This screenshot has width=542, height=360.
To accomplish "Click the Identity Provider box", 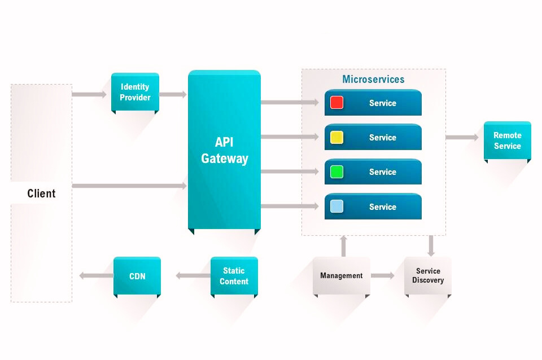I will tap(135, 92).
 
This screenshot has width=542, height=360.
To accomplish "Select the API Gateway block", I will tap(224, 150).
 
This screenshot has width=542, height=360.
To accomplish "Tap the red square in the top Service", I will tap(336, 103).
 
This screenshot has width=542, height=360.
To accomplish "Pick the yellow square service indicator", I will tap(336, 137).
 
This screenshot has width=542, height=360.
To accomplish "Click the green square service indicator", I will tap(336, 172).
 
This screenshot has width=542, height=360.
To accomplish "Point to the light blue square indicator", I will tap(336, 207).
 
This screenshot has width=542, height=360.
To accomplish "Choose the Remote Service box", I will tap(507, 141).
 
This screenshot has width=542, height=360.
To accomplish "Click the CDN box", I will tap(137, 276).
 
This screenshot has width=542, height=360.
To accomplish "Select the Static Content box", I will tap(234, 276).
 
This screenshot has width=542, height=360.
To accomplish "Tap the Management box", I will tap(341, 276).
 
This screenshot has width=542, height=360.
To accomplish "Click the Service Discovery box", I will tap(427, 276).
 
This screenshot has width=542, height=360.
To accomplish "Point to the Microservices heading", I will tap(373, 79).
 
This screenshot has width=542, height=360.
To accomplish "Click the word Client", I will tap(41, 194).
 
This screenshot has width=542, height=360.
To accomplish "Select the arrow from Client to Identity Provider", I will tap(89, 94).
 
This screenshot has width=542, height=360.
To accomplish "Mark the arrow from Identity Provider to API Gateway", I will tap(173, 94).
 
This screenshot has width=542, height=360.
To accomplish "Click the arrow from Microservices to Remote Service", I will tap(462, 137).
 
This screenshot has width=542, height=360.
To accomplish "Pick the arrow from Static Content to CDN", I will tap(193, 276).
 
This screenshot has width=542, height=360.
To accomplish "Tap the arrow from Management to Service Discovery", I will tap(383, 276).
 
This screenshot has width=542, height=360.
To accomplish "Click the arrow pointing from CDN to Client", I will tap(96, 276).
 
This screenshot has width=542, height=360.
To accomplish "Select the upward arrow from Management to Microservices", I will tap(343, 246).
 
